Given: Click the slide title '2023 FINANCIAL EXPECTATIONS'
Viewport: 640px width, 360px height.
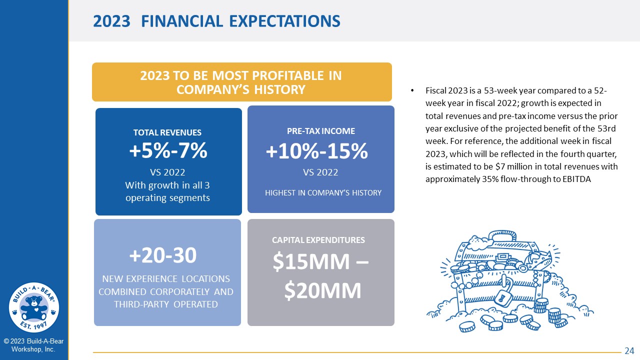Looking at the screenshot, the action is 216,21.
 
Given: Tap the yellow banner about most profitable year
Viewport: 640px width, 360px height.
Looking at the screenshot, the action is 241,82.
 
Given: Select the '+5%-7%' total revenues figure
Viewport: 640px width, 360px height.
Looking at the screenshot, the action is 168,150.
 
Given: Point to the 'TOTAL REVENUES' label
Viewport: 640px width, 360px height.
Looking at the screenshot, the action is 167,132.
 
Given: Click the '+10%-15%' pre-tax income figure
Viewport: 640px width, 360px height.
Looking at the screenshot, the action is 317,151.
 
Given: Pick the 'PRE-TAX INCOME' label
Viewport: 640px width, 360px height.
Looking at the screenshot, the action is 321,131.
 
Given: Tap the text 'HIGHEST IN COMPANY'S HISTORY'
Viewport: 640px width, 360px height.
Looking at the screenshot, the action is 323,193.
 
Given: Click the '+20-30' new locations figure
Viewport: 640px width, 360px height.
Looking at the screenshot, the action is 163,255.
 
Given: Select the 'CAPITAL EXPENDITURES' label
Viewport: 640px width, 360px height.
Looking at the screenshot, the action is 318,240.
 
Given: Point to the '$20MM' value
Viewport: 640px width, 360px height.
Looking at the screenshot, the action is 323,290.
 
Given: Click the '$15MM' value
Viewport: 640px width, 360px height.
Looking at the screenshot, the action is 311,261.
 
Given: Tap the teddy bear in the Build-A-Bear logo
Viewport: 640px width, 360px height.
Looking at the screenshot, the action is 34,308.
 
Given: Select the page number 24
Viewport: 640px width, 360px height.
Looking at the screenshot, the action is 629,350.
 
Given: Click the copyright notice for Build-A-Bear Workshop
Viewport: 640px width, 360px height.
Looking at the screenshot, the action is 33,345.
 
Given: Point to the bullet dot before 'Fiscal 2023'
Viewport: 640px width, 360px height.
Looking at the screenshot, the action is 412,91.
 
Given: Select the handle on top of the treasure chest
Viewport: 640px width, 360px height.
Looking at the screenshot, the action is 502,235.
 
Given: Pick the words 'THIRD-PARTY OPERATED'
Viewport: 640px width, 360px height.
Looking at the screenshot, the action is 166,304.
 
